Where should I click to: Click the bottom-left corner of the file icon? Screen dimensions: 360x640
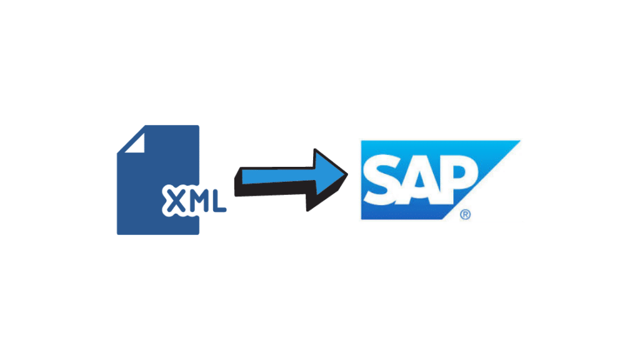[x=117, y=234]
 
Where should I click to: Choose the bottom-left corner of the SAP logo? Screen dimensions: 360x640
[x=359, y=221]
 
